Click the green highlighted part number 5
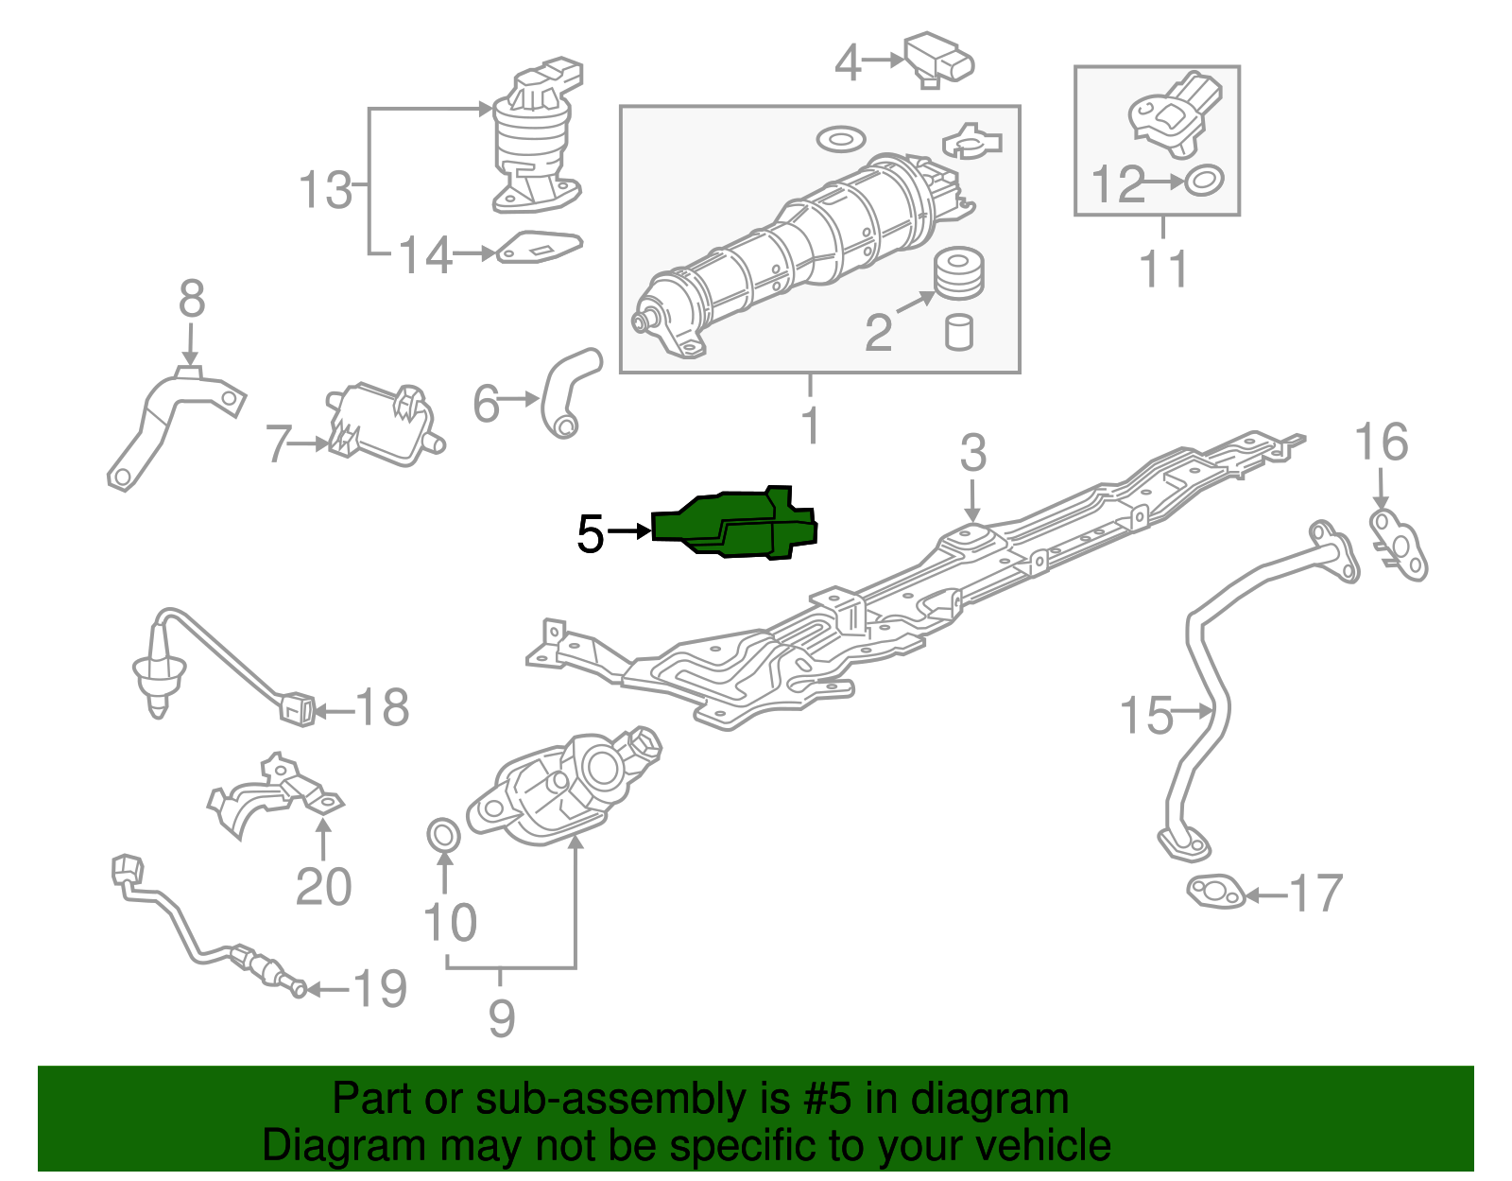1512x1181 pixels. (734, 523)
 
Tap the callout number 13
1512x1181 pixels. (325, 189)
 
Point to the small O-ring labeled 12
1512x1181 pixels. (1204, 181)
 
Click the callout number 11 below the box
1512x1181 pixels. (1163, 269)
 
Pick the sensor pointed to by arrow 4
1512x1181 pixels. (938, 60)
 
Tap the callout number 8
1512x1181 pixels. (192, 298)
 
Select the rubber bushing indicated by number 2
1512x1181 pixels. (959, 273)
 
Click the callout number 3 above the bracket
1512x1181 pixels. (972, 452)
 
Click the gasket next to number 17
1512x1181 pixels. (1216, 892)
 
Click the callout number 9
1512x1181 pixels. (502, 1018)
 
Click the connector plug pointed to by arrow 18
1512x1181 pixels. (297, 708)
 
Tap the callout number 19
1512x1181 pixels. (380, 988)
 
